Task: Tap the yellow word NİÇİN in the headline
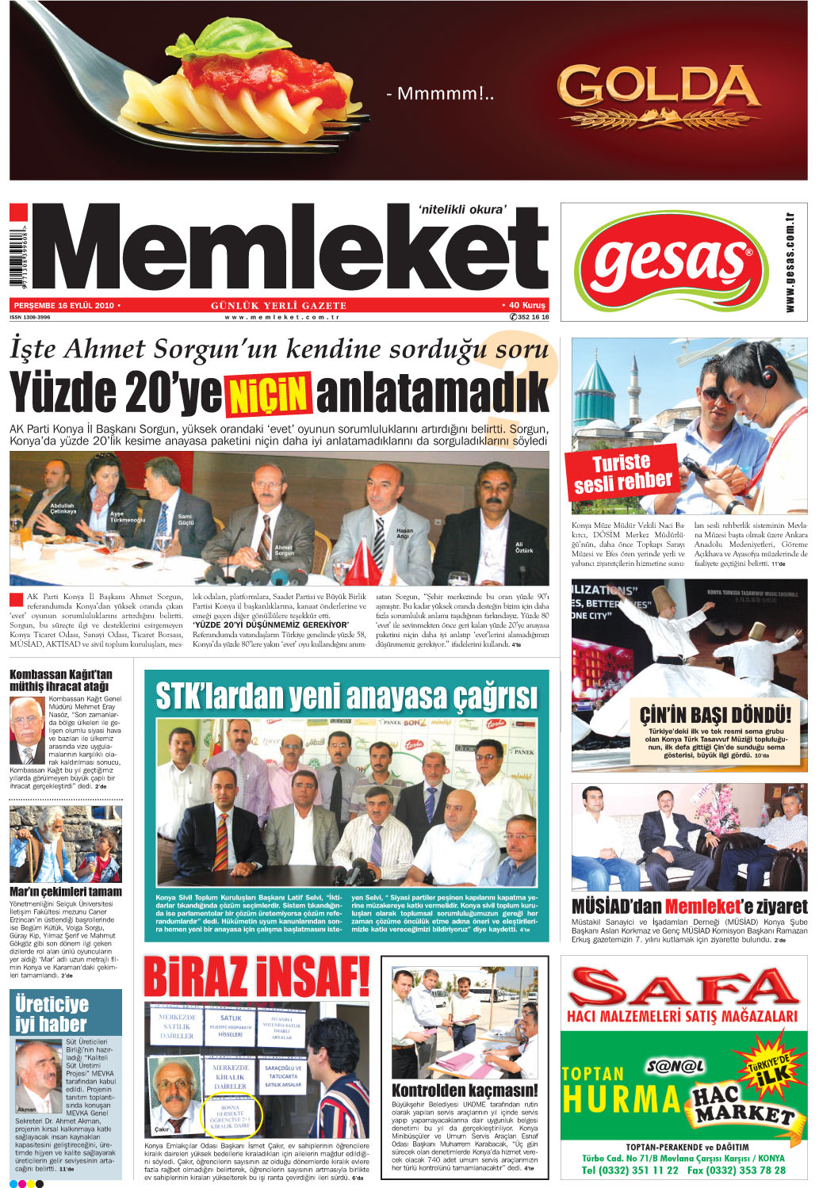coord(269,394)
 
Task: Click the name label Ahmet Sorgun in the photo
coord(283,550)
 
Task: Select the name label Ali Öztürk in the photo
coord(524,547)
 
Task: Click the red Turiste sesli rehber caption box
coord(623,472)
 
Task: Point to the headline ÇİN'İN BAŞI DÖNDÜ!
coord(715,715)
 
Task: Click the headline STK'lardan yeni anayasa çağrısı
coord(346,697)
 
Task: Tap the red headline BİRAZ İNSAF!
coord(256,977)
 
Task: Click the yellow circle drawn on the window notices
coord(231,1116)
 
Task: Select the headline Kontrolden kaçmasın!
coord(465,1091)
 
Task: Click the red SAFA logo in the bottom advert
coord(683,988)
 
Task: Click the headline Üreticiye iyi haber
coord(52,1014)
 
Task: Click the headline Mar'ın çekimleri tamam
coord(66,892)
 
